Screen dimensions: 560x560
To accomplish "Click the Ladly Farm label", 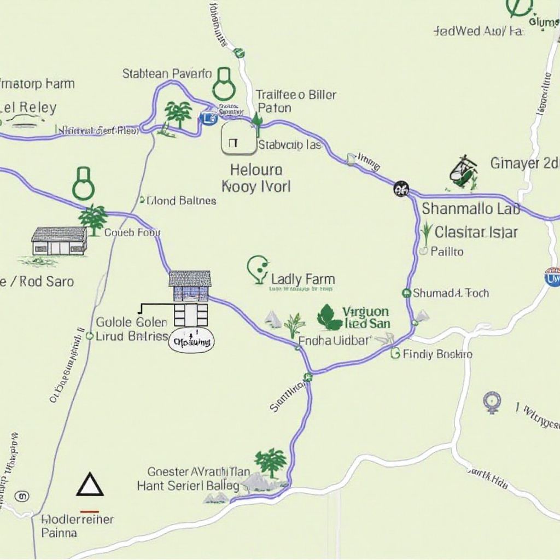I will [x=302, y=280].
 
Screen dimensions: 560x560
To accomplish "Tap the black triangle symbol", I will [x=90, y=485].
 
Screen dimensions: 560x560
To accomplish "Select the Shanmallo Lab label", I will [x=471, y=209].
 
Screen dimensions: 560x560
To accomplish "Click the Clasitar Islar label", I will [x=476, y=232].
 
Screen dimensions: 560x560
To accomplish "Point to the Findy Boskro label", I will [x=437, y=354].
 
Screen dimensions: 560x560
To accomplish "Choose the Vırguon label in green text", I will [x=365, y=312].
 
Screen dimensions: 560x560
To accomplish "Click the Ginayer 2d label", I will [x=524, y=163].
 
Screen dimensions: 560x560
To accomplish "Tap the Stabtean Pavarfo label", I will [x=167, y=73].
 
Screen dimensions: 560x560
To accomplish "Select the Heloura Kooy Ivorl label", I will [x=256, y=178].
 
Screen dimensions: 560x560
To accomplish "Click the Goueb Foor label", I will [x=132, y=232].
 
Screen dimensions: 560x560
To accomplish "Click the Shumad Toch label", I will [x=451, y=293].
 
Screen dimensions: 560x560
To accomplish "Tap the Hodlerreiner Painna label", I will [x=78, y=526].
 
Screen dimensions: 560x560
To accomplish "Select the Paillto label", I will [x=447, y=252].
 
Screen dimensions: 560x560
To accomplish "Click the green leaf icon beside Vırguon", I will [x=329, y=318].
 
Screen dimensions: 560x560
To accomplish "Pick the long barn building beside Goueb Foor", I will [x=59, y=241].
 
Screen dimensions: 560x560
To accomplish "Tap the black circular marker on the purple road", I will [x=401, y=189].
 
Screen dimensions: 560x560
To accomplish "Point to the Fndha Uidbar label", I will [x=335, y=340].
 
